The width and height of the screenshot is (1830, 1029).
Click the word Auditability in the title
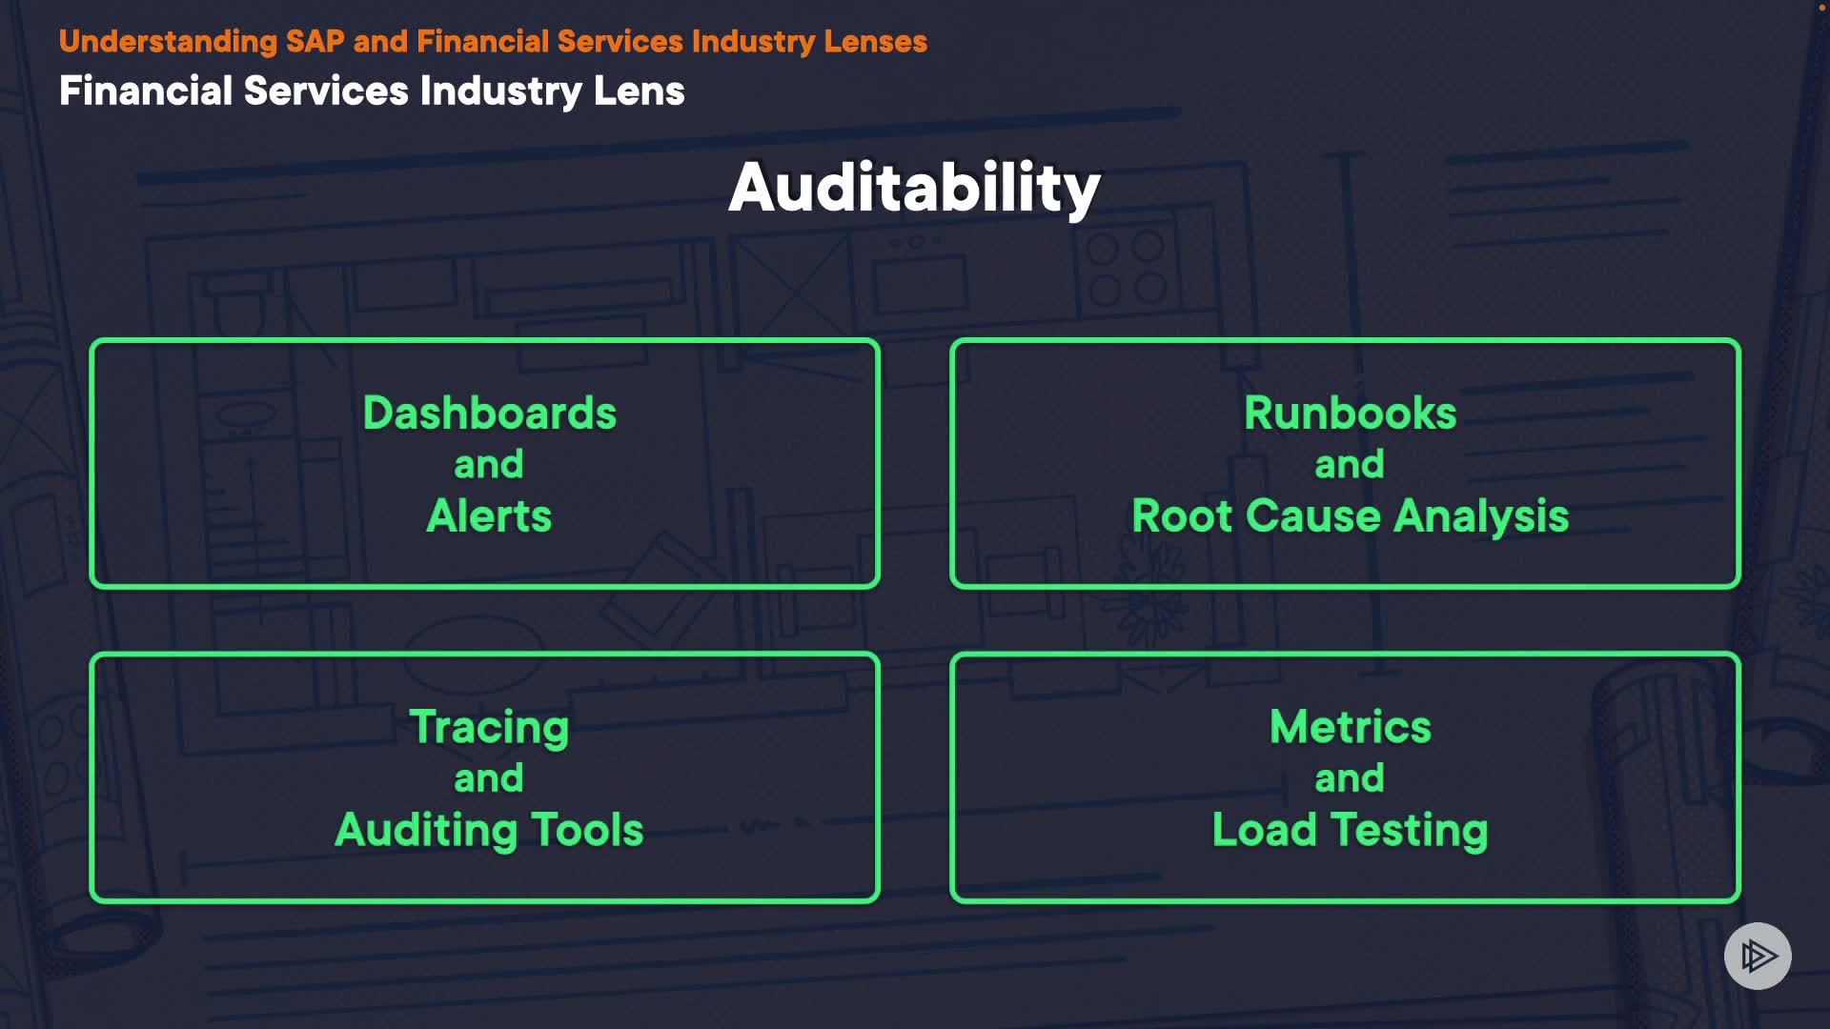pos(914,188)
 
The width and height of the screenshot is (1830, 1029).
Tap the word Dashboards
pos(489,414)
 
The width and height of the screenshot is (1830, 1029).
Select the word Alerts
pos(489,516)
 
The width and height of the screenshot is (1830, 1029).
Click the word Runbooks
pos(1350,414)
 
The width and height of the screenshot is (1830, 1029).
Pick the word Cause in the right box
pos(1312,516)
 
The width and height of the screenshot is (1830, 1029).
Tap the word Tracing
pos(489,728)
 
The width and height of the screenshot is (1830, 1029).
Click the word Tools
pos(587,830)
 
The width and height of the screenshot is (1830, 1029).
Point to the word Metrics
pos(1350,728)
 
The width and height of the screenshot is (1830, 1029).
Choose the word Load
pos(1264,830)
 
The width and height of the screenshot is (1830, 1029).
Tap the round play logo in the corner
pos(1758,956)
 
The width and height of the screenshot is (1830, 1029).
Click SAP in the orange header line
pos(315,42)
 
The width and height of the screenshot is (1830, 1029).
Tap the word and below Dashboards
pos(489,465)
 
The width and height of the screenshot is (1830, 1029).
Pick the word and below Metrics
pos(1350,779)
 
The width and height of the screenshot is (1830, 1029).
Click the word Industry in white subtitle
pos(500,91)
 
